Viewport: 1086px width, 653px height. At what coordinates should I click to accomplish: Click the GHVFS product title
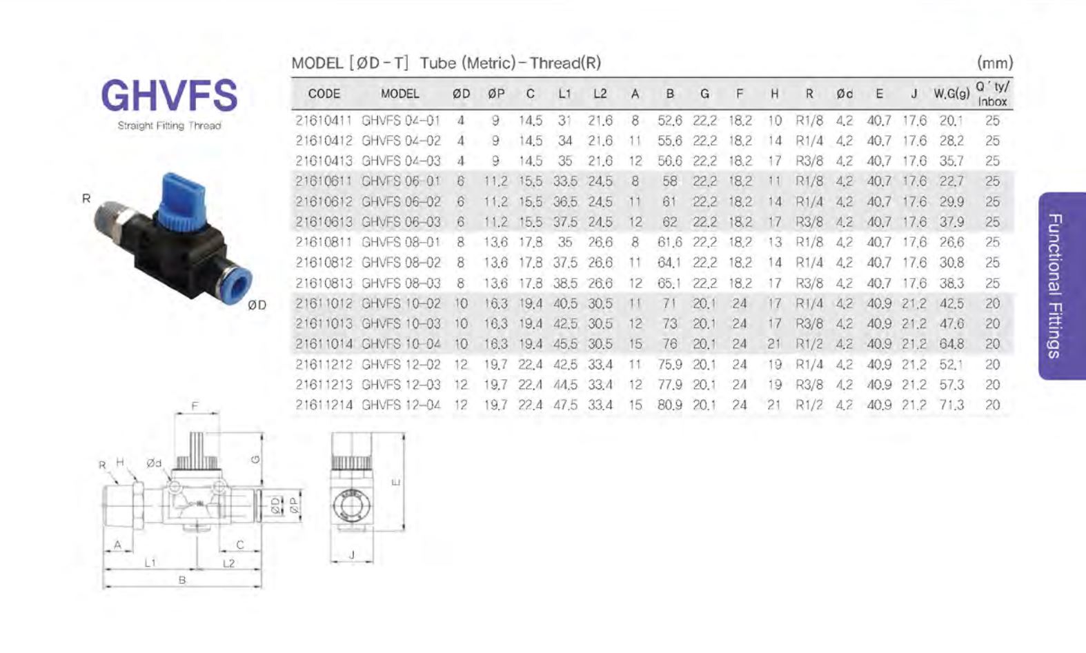click(x=169, y=95)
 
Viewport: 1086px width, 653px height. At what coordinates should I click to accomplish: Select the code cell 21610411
click(x=324, y=121)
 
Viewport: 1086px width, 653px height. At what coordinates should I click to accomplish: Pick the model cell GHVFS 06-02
click(x=401, y=201)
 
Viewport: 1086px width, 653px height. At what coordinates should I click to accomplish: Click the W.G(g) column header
click(x=951, y=94)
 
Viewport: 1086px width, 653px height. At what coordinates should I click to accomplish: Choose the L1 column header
click(x=564, y=94)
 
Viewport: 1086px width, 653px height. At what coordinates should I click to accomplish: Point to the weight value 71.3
click(x=951, y=405)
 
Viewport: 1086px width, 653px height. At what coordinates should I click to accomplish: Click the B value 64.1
click(x=669, y=263)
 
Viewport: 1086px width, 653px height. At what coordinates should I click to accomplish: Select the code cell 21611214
click(x=324, y=405)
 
